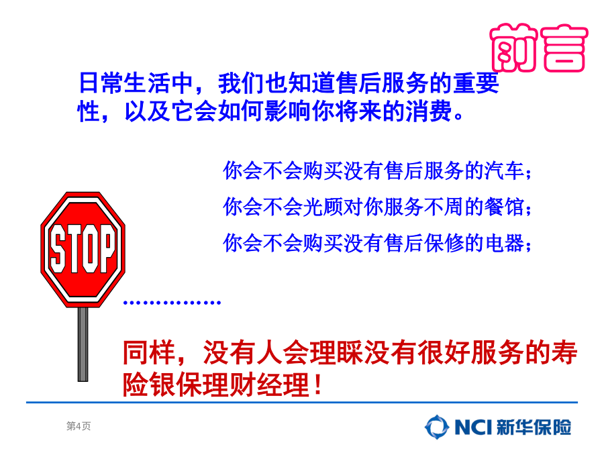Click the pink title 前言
point(539,48)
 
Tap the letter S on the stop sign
point(58,249)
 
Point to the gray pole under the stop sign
point(83,344)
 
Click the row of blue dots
point(172,303)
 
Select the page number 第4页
point(79,425)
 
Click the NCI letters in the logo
point(473,427)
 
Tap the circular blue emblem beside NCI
point(437,427)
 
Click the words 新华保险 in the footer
point(534,427)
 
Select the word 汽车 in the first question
point(504,170)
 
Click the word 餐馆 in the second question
point(504,207)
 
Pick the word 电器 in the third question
point(504,243)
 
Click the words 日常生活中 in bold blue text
point(136,83)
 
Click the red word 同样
point(149,353)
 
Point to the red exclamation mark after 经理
point(318,385)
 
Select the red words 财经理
point(270,385)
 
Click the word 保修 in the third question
point(444,243)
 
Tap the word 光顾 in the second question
point(323,207)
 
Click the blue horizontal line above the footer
point(302,402)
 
